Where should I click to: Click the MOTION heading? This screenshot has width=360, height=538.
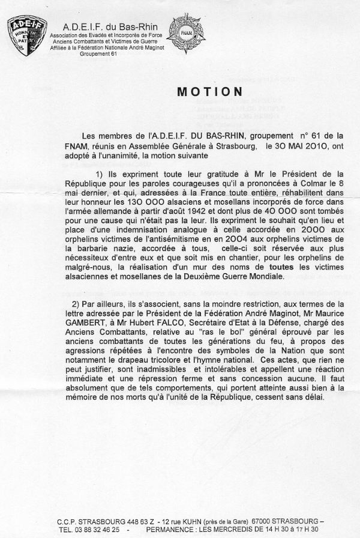pos(209,92)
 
